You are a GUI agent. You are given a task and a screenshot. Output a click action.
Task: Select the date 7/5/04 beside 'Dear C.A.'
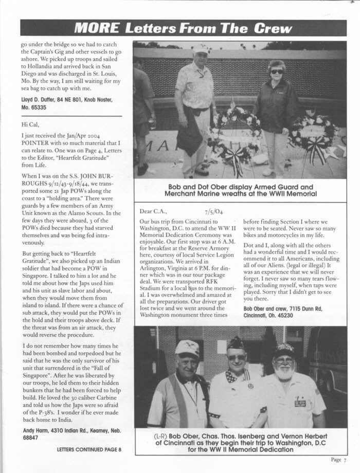click(x=213, y=210)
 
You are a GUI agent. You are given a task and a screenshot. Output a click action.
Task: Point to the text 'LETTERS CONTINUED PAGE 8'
click(x=89, y=449)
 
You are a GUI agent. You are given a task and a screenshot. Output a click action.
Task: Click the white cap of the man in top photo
click(x=201, y=48)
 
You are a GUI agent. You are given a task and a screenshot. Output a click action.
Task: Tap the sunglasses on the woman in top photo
click(x=276, y=71)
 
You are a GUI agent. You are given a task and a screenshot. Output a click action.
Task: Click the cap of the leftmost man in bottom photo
click(x=187, y=348)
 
